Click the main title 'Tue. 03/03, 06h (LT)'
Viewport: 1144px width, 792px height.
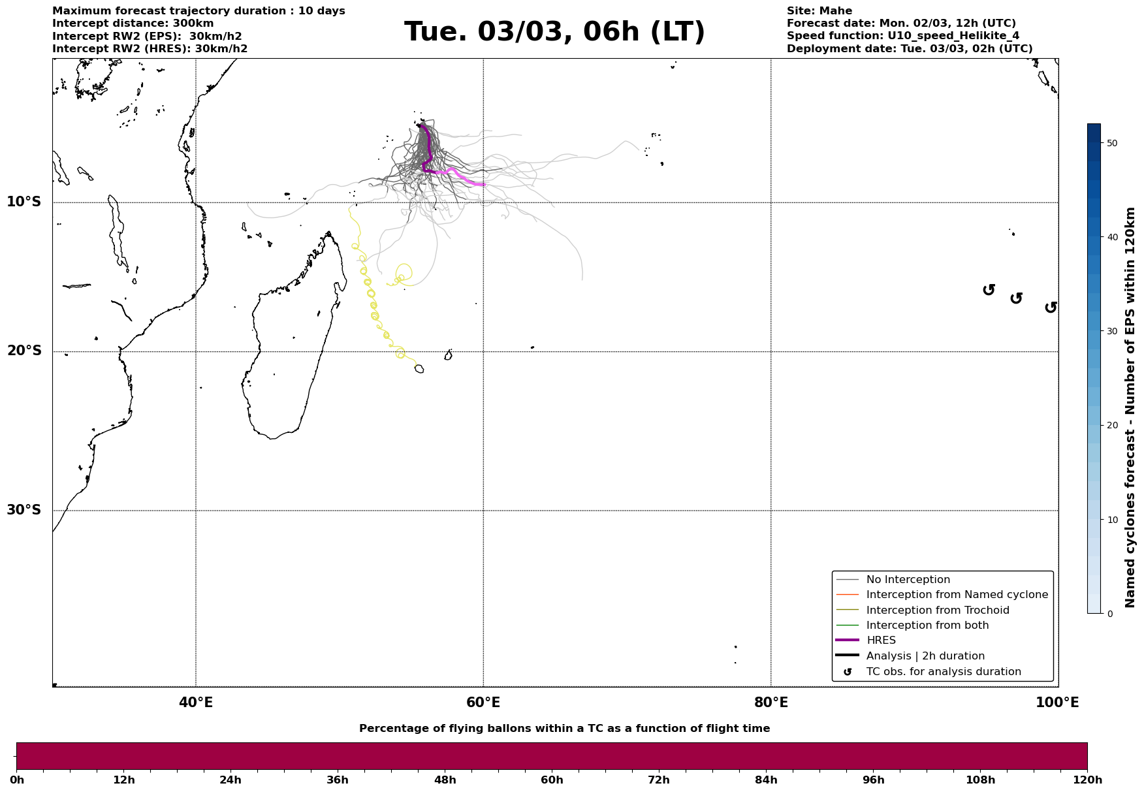pos(554,32)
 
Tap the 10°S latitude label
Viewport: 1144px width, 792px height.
pos(24,202)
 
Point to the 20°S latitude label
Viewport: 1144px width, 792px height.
pos(24,351)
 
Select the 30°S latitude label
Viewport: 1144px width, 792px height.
pos(24,510)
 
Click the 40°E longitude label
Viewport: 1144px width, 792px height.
pos(196,703)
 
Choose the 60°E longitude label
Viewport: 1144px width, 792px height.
pos(483,703)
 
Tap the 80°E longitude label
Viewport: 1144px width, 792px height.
pos(771,703)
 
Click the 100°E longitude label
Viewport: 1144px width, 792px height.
pos(1057,703)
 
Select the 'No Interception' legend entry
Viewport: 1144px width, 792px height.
pos(908,580)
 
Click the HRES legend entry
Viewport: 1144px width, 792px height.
pos(881,641)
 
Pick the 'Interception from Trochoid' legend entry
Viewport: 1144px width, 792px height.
pos(937,610)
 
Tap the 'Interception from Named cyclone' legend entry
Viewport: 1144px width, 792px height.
pos(957,595)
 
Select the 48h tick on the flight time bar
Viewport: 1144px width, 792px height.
pos(445,780)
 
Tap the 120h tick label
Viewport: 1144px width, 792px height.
pos(1087,780)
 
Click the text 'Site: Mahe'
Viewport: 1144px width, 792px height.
pos(819,11)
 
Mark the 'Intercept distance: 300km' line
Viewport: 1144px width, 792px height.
pos(133,24)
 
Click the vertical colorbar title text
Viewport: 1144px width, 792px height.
pos(1130,407)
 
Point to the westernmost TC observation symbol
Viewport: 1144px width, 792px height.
pos(989,289)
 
